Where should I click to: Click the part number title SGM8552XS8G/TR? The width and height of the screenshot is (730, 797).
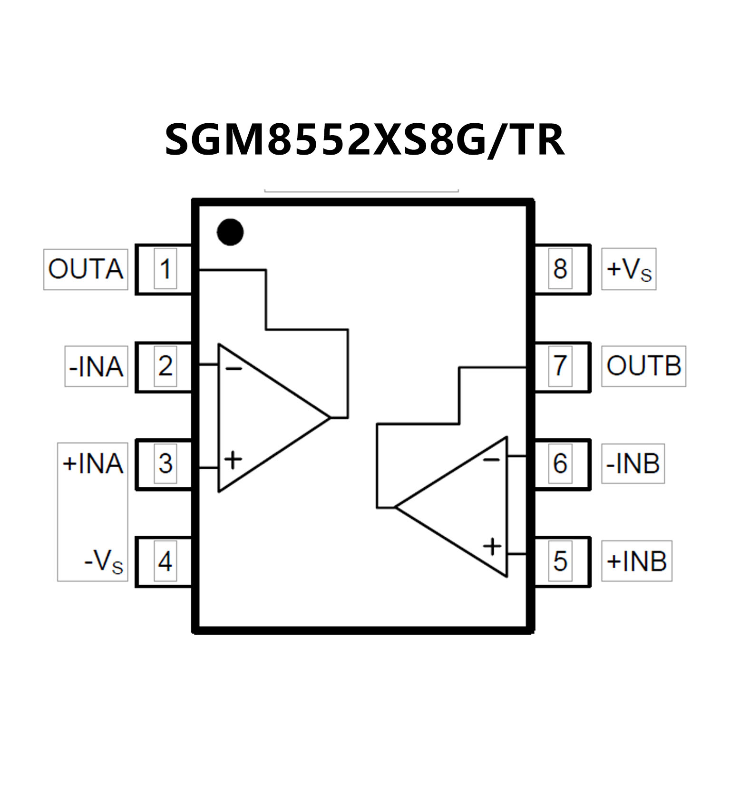click(365, 139)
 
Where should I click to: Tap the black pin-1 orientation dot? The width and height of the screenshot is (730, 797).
click(230, 232)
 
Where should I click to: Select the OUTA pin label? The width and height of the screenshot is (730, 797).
click(86, 269)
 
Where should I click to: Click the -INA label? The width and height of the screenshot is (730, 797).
click(97, 367)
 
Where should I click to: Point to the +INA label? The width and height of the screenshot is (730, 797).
click(93, 463)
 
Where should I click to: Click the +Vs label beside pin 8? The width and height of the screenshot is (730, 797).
click(628, 269)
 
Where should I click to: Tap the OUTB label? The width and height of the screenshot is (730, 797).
click(643, 366)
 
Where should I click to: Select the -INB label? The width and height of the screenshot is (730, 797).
click(633, 463)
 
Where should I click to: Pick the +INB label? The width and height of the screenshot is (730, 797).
click(636, 561)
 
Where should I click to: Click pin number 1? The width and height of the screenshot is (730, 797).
click(165, 269)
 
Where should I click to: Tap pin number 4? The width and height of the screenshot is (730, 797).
click(165, 561)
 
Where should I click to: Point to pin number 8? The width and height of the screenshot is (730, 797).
click(560, 269)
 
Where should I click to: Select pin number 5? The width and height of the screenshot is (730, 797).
click(560, 561)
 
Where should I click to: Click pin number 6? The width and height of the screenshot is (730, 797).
click(560, 463)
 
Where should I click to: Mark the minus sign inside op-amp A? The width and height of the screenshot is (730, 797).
click(233, 369)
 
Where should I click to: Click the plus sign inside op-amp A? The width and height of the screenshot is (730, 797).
click(233, 460)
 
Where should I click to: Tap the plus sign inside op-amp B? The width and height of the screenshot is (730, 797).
click(492, 546)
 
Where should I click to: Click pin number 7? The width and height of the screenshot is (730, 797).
click(560, 366)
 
